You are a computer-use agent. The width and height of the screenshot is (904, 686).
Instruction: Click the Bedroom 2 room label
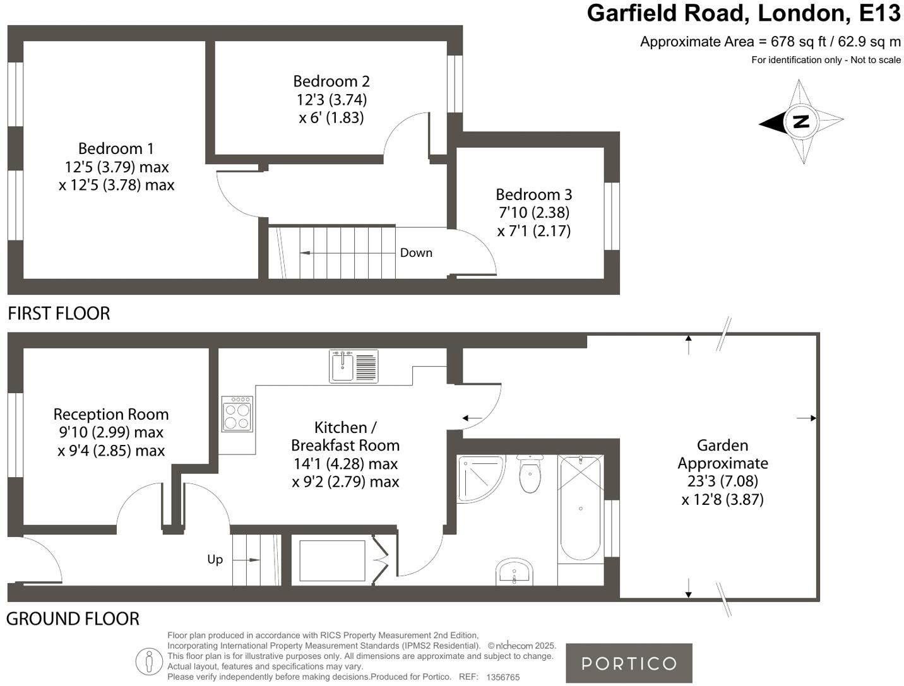click(331, 81)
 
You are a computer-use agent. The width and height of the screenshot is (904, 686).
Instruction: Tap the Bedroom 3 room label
click(533, 194)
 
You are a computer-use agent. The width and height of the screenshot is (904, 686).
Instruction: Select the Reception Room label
click(111, 415)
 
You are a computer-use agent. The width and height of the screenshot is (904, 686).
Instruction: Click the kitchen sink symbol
click(354, 366)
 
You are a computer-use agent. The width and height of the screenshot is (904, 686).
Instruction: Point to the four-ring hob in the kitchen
click(237, 414)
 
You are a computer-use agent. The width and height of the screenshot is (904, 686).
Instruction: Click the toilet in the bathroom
click(530, 475)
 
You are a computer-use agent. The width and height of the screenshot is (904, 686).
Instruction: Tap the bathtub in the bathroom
click(580, 509)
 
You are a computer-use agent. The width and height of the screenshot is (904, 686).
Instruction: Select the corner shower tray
click(478, 477)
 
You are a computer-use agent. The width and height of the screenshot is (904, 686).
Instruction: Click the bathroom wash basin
click(514, 572)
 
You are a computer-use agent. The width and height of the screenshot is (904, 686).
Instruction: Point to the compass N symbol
click(800, 121)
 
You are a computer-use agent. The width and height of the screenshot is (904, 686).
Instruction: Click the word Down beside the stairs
click(416, 253)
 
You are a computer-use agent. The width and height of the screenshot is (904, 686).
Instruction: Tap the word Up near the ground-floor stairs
click(215, 560)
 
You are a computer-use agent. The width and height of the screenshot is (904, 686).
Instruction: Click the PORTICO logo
click(629, 663)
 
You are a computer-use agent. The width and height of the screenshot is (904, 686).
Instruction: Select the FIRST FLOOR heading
click(59, 314)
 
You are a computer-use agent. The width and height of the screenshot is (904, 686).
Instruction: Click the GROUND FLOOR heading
click(73, 619)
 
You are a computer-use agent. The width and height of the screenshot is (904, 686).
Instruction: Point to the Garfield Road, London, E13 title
click(744, 13)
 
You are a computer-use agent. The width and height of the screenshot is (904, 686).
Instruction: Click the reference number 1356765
click(503, 677)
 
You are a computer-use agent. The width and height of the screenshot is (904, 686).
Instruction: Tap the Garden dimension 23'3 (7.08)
click(723, 481)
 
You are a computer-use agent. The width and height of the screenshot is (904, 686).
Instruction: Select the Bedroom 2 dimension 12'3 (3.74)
click(331, 100)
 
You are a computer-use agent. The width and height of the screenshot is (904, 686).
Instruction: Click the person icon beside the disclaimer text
click(149, 661)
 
